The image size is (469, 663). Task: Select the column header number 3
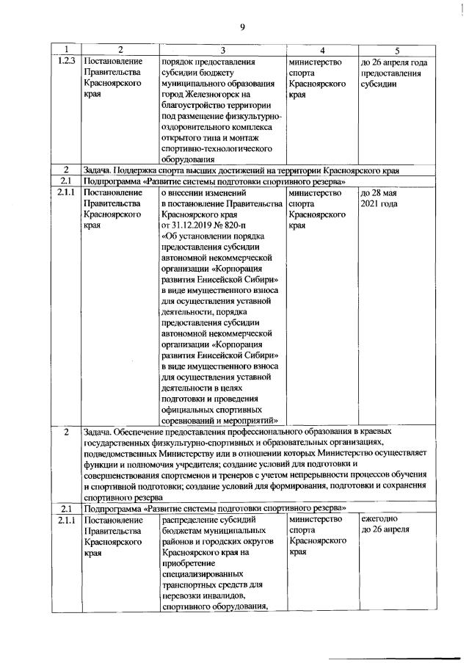click(223, 51)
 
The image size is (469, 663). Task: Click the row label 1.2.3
click(67, 62)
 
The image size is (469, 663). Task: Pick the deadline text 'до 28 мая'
click(379, 192)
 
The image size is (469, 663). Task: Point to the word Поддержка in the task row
click(133, 170)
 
